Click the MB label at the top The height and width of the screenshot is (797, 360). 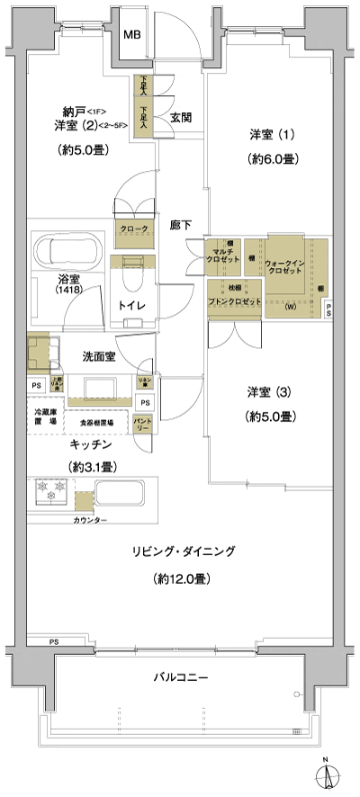tap(131, 35)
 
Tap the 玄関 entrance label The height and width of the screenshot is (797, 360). tap(181, 116)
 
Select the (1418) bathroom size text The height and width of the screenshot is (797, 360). tap(68, 292)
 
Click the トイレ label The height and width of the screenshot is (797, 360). tap(132, 304)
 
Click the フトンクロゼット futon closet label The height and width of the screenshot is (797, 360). tap(233, 300)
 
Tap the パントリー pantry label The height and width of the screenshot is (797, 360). tap(142, 423)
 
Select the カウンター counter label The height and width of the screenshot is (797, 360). tap(89, 521)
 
